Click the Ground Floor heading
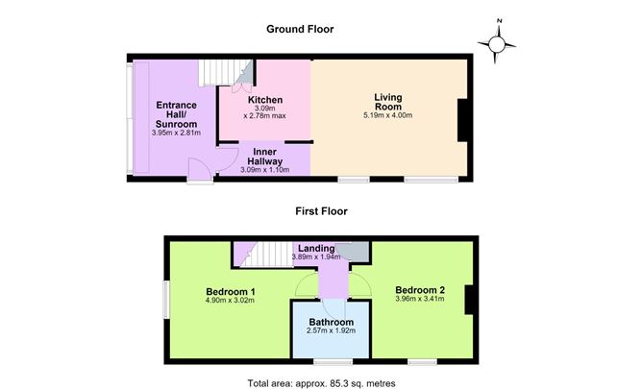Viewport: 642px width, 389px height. click(300, 29)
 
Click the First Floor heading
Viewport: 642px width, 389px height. click(321, 211)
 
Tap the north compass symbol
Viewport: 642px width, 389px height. click(497, 42)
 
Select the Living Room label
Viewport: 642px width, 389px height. click(388, 102)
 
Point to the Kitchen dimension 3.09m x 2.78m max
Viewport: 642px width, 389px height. click(265, 112)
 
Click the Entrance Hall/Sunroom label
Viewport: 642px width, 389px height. click(176, 114)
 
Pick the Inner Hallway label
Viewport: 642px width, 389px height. click(265, 157)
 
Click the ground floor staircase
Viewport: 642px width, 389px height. click(219, 72)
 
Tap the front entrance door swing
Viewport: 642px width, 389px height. click(200, 171)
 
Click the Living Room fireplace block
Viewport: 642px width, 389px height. click(462, 120)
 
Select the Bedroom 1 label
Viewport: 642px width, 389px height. click(231, 292)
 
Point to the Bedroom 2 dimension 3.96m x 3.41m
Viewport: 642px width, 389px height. click(420, 299)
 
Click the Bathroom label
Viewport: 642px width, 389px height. click(332, 322)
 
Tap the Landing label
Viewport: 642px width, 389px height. click(316, 248)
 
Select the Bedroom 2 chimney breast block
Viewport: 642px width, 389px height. click(469, 300)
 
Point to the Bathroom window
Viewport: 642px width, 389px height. click(333, 361)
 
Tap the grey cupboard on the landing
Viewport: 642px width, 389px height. click(356, 251)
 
